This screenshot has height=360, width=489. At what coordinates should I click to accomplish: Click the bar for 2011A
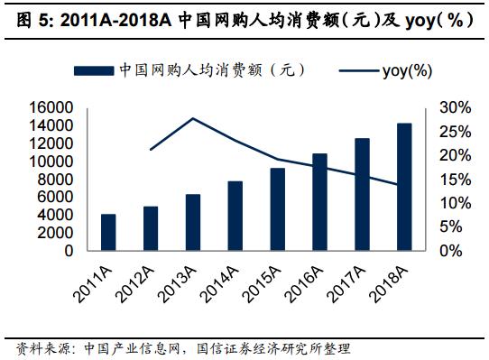(108, 233)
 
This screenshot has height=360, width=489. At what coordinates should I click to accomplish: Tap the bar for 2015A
(277, 209)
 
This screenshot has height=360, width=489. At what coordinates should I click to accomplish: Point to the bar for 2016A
(319, 202)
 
